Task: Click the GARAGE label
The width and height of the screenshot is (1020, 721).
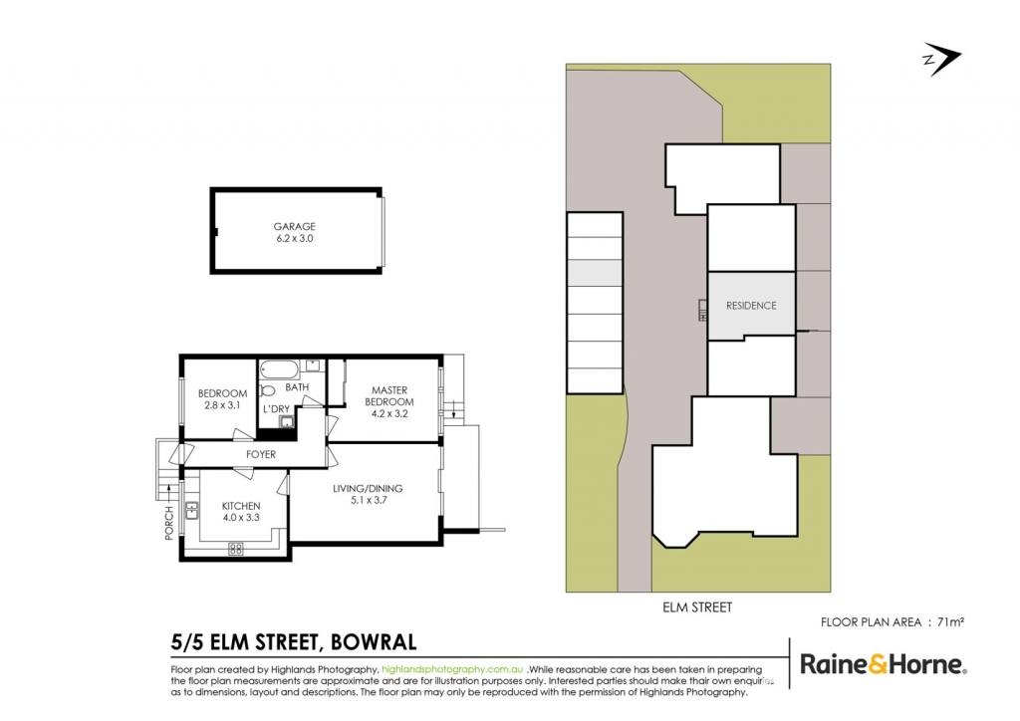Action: coord(294,226)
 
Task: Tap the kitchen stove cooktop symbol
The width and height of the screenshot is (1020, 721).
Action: coord(235,549)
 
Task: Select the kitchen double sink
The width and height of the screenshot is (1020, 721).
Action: coord(191,511)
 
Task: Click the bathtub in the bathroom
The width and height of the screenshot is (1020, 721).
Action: coord(279,369)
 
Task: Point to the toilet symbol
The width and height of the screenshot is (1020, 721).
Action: coord(267,390)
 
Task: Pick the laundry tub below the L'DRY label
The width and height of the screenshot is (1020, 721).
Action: coord(286,422)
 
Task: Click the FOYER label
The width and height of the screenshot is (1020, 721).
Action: coord(261,454)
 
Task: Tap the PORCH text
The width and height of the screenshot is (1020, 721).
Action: coord(169,523)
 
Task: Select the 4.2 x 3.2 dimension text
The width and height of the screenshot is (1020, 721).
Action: coord(389,413)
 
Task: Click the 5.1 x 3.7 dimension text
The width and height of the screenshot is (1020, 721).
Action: coord(368,500)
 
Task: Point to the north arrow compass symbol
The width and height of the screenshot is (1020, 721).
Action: coord(940,59)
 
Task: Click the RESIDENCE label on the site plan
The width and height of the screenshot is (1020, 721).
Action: coord(751,305)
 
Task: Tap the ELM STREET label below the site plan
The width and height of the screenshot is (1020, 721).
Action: coord(697,607)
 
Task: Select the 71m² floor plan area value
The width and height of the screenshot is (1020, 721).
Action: coord(950,622)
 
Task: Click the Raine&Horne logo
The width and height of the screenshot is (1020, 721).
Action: coord(883,664)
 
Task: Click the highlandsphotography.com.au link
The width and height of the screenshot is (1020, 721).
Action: coord(453,669)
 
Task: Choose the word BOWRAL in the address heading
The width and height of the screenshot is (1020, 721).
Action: coord(374,642)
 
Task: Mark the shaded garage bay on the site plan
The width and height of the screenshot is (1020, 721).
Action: coord(596,273)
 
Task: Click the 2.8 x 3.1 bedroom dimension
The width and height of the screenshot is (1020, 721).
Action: coord(222,405)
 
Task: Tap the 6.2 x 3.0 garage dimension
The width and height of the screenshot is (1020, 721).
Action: coord(294,238)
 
